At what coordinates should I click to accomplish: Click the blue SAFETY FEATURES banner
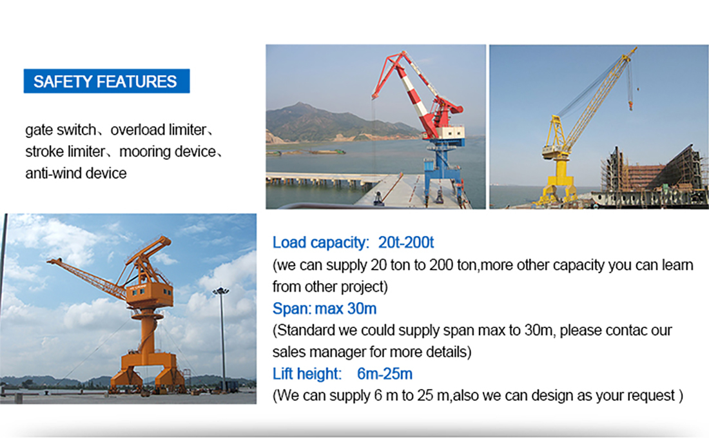click(x=106, y=81)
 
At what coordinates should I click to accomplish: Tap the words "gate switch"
click(x=61, y=130)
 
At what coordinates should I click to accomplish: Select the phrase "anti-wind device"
click(x=76, y=173)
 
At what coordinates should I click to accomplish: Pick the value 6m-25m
click(x=385, y=374)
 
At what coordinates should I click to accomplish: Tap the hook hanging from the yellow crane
click(x=631, y=105)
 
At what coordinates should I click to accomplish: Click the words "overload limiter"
click(x=158, y=130)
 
